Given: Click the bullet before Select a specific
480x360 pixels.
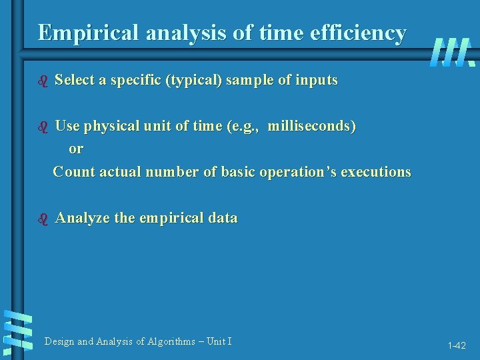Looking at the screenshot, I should [x=43, y=81].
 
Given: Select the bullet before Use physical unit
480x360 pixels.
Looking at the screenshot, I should [x=43, y=127].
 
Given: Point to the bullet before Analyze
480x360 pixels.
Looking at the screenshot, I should [x=43, y=219].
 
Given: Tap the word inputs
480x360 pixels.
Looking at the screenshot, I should [x=317, y=81].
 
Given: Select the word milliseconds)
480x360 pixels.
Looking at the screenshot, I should [x=311, y=126].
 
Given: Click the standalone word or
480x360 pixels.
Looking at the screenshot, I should [x=76, y=149].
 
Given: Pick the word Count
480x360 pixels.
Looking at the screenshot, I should [x=74, y=172].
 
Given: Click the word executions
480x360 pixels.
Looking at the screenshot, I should [x=376, y=172].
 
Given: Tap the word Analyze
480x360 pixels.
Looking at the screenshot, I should [x=83, y=218].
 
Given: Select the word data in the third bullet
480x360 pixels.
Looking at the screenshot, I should [x=222, y=218].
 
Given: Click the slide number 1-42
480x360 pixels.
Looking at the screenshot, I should [x=457, y=346].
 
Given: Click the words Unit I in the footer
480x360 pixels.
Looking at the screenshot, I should [x=219, y=341].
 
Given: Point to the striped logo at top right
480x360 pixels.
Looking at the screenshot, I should [x=452, y=53].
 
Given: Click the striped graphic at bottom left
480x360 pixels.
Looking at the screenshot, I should [x=18, y=331].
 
